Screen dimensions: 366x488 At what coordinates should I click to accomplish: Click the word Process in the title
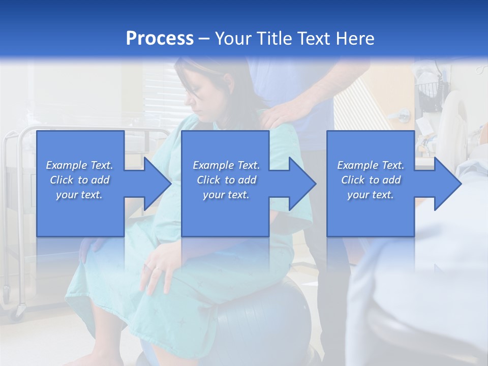pyautogui.click(x=160, y=39)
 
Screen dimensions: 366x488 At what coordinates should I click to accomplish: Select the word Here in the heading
pyautogui.click(x=355, y=39)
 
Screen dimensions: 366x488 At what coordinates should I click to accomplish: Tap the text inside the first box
pyautogui.click(x=79, y=180)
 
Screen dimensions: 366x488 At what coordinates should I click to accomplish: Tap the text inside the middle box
pyautogui.click(x=226, y=180)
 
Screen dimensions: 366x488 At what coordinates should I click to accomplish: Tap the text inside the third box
pyautogui.click(x=371, y=180)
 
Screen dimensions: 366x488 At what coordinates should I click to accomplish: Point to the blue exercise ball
pyautogui.click(x=264, y=315)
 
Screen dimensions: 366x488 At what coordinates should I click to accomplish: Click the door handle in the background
pyautogui.click(x=403, y=115)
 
